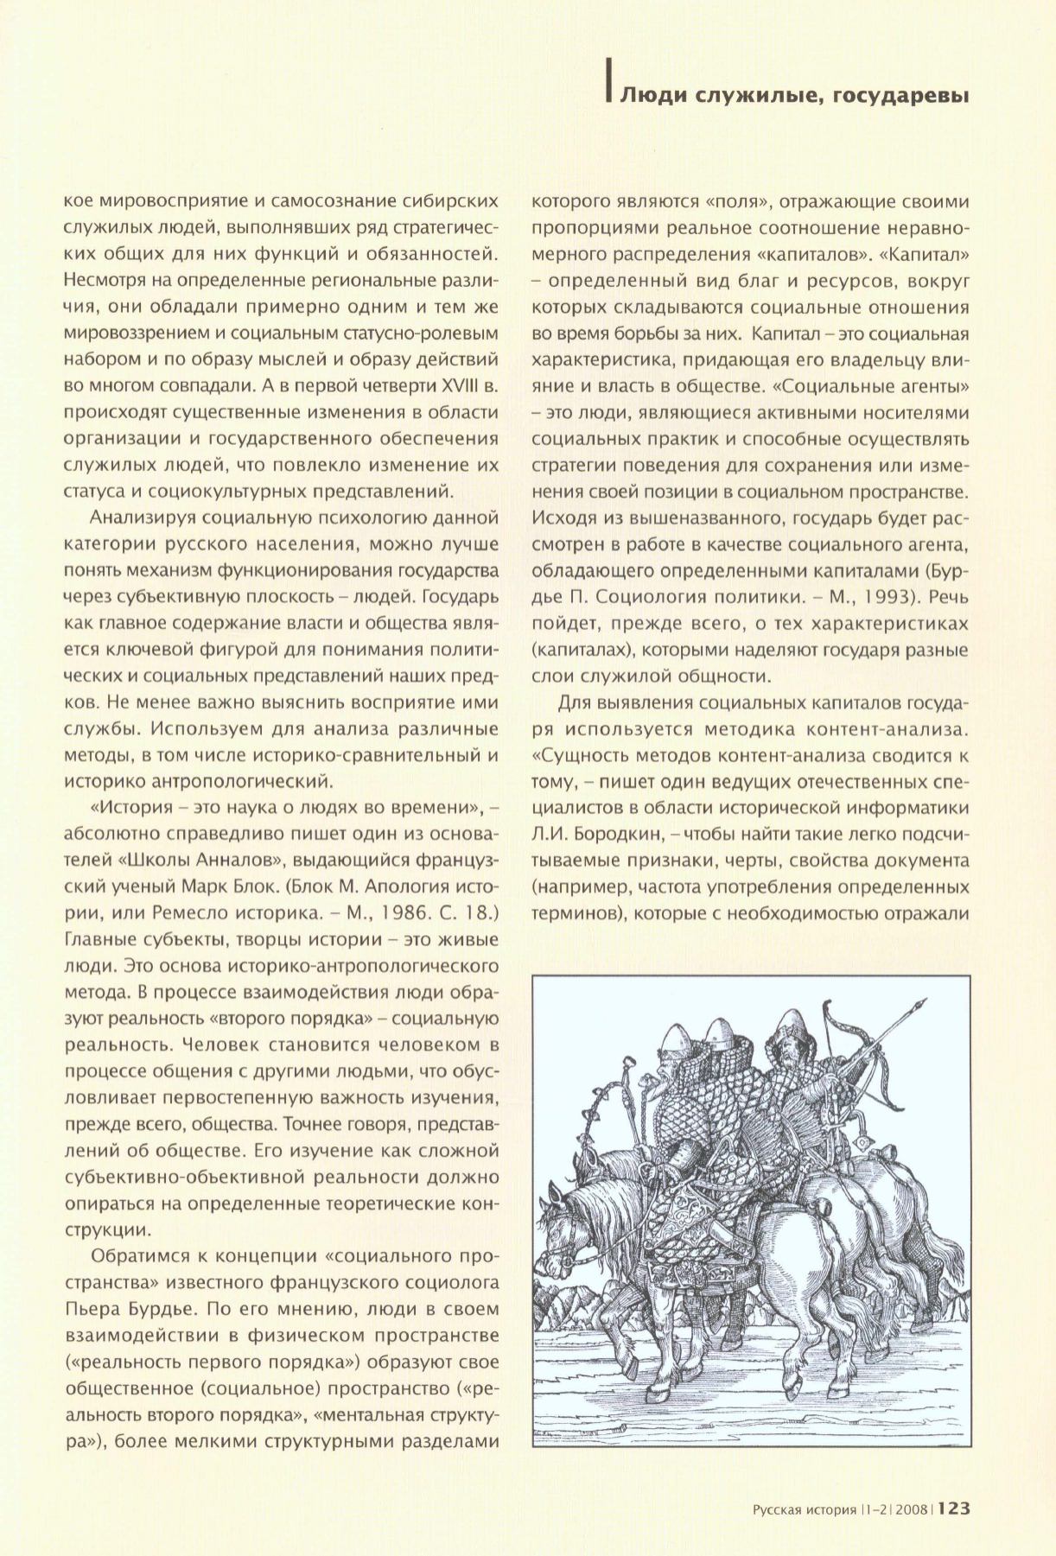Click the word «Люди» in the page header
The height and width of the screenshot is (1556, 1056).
point(650,95)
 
